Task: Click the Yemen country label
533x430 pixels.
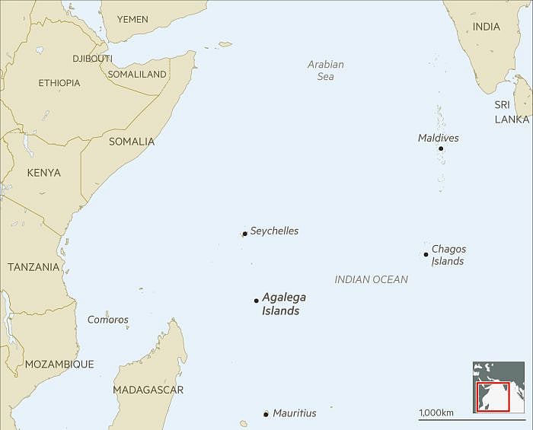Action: [x=132, y=19]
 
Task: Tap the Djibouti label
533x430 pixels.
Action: [x=92, y=59]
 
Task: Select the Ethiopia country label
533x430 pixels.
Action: [x=59, y=83]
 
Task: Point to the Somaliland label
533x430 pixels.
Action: [x=137, y=75]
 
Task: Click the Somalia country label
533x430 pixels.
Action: [x=132, y=142]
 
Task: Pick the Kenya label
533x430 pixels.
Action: [x=43, y=174]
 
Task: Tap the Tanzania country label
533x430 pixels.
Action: [x=34, y=267]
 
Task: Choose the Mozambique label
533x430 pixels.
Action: [x=59, y=365]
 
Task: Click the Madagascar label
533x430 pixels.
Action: [x=148, y=390]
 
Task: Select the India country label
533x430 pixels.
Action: [x=487, y=27]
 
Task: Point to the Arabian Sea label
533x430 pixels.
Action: [x=326, y=70]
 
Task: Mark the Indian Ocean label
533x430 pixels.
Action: [x=371, y=279]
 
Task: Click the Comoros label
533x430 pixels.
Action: [x=108, y=320]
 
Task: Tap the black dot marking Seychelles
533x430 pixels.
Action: [x=244, y=234]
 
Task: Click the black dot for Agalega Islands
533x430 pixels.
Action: [x=256, y=301]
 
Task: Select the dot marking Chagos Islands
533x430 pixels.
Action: [x=426, y=254]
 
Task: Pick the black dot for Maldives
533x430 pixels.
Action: [x=440, y=148]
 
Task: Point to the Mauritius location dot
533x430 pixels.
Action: [x=266, y=414]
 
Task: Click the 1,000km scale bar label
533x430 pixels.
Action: [x=436, y=412]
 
